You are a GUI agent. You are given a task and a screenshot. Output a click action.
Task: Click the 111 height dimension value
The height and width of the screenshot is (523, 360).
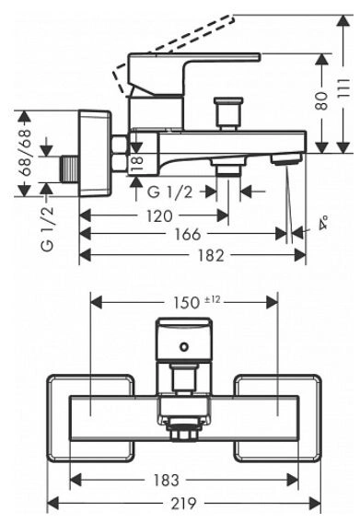click(x=343, y=88)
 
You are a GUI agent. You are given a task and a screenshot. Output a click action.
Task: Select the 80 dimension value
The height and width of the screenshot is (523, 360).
click(x=322, y=100)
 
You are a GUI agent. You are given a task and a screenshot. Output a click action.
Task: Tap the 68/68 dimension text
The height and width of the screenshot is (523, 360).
click(x=25, y=153)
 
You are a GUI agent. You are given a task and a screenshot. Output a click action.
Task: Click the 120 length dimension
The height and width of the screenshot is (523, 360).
click(x=159, y=216)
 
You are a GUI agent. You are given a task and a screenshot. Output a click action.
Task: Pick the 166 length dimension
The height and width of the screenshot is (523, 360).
click(x=188, y=234)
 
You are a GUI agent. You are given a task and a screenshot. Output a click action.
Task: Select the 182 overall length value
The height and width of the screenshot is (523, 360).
click(x=211, y=255)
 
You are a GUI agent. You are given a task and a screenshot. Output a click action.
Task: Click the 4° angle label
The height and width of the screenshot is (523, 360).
click(x=323, y=223)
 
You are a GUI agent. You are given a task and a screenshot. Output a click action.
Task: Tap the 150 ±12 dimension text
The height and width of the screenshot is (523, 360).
click(x=197, y=302)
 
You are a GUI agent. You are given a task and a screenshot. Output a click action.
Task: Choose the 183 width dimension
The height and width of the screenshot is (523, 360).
click(x=167, y=481)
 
